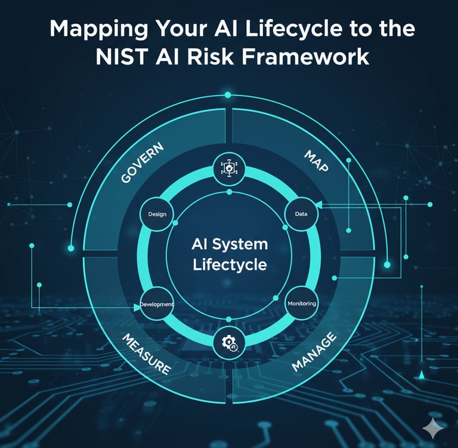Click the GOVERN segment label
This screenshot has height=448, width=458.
click(x=142, y=162)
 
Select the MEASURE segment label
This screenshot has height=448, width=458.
click(x=146, y=354)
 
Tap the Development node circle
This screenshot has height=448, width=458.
click(x=157, y=304)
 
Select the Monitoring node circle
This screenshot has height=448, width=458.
click(x=302, y=303)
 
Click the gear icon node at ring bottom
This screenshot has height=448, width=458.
click(x=229, y=342)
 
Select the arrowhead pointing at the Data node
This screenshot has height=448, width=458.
click(x=318, y=205)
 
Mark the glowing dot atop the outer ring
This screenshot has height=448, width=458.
click(x=227, y=95)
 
